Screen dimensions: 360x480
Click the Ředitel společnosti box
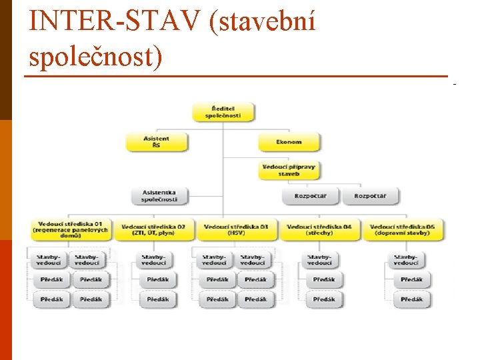click(x=223, y=111)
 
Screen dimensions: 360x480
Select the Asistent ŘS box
click(x=157, y=142)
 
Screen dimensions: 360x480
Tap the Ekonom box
click(x=289, y=142)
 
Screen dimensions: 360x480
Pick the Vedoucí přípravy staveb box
click(x=289, y=170)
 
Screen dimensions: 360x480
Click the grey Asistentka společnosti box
click(x=160, y=196)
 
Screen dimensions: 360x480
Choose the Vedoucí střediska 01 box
click(x=71, y=230)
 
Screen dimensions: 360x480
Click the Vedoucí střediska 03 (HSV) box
click(x=237, y=230)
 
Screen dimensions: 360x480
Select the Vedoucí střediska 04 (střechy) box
click(x=319, y=230)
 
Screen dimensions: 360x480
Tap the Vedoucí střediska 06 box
click(x=403, y=230)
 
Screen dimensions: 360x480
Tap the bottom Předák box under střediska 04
click(x=323, y=299)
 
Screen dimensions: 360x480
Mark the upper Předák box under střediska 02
click(x=158, y=279)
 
